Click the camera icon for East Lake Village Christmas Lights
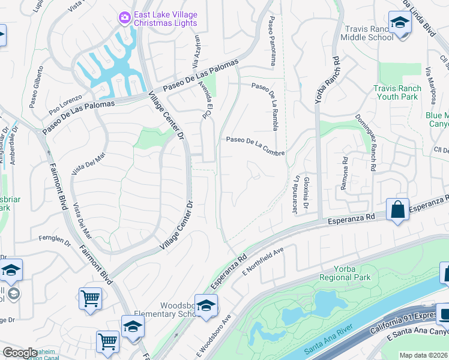tap(124, 18)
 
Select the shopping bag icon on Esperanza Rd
tap(397, 209)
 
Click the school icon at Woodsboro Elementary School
tap(206, 305)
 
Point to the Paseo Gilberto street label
tap(40, 83)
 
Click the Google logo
tap(20, 353)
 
